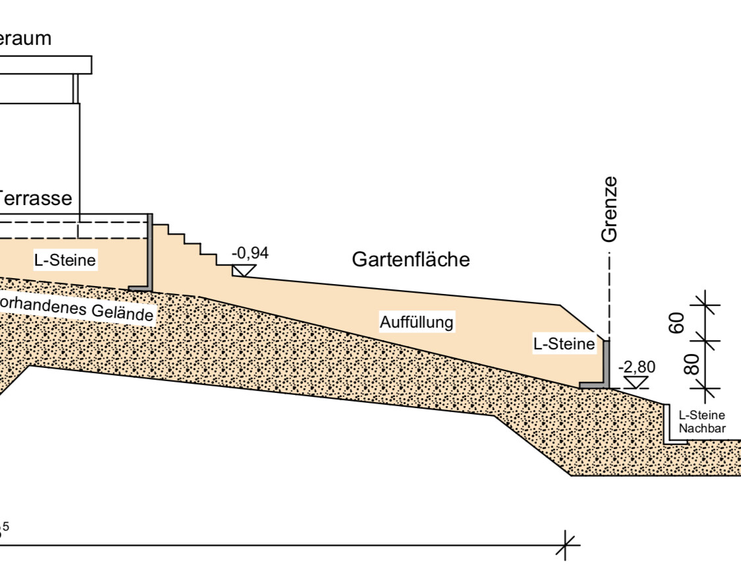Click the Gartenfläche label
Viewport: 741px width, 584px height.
411,260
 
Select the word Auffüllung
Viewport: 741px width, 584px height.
417,322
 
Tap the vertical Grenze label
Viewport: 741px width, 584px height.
611,209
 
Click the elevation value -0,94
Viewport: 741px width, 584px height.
250,252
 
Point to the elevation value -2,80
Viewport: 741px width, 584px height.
637,366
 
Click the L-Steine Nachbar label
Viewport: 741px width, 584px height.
702,422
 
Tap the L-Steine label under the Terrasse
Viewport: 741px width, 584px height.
65,260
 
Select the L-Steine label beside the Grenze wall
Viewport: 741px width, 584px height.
564,343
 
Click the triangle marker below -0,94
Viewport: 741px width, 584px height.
244,270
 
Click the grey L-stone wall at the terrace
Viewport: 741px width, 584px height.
150,254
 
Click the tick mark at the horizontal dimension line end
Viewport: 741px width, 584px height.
566,546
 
